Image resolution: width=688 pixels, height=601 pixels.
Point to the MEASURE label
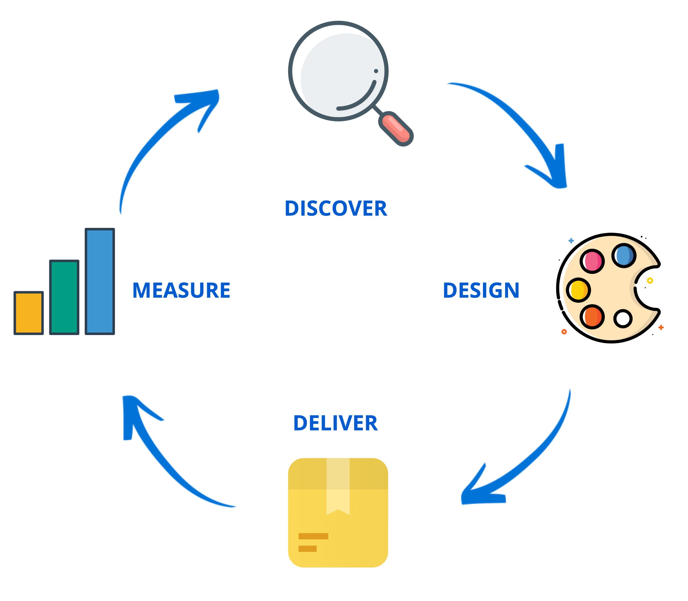pyautogui.click(x=181, y=290)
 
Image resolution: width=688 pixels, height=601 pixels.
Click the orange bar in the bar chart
pyautogui.click(x=28, y=313)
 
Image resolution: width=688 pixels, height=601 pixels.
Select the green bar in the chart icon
pyautogui.click(x=64, y=297)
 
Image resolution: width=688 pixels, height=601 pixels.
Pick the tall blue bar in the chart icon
pyautogui.click(x=100, y=281)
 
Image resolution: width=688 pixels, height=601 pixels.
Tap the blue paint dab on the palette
pyautogui.click(x=624, y=255)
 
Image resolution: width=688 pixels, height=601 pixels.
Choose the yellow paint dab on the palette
pyautogui.click(x=578, y=290)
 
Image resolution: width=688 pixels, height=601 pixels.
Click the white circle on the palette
pyautogui.click(x=623, y=318)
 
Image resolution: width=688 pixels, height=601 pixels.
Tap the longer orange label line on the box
pyautogui.click(x=313, y=536)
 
